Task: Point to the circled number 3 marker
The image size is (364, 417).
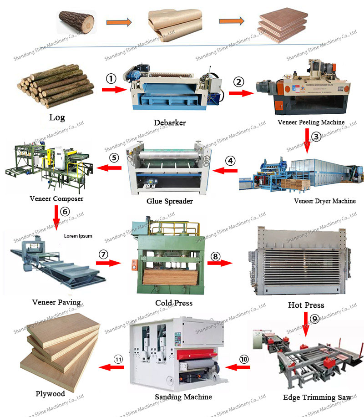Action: pyautogui.click(x=316, y=135)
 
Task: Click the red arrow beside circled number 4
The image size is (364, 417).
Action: pyautogui.click(x=226, y=171)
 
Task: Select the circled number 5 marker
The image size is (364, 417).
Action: pyautogui.click(x=114, y=158)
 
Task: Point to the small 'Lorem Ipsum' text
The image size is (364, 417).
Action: pyautogui.click(x=78, y=236)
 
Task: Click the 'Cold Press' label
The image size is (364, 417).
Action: pyautogui.click(x=174, y=303)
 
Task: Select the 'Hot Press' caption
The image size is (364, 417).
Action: pyautogui.click(x=306, y=305)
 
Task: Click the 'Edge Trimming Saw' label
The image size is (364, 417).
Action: pyautogui.click(x=317, y=397)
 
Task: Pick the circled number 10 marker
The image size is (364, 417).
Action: pyautogui.click(x=245, y=359)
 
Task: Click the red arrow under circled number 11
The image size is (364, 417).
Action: pyautogui.click(x=111, y=367)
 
